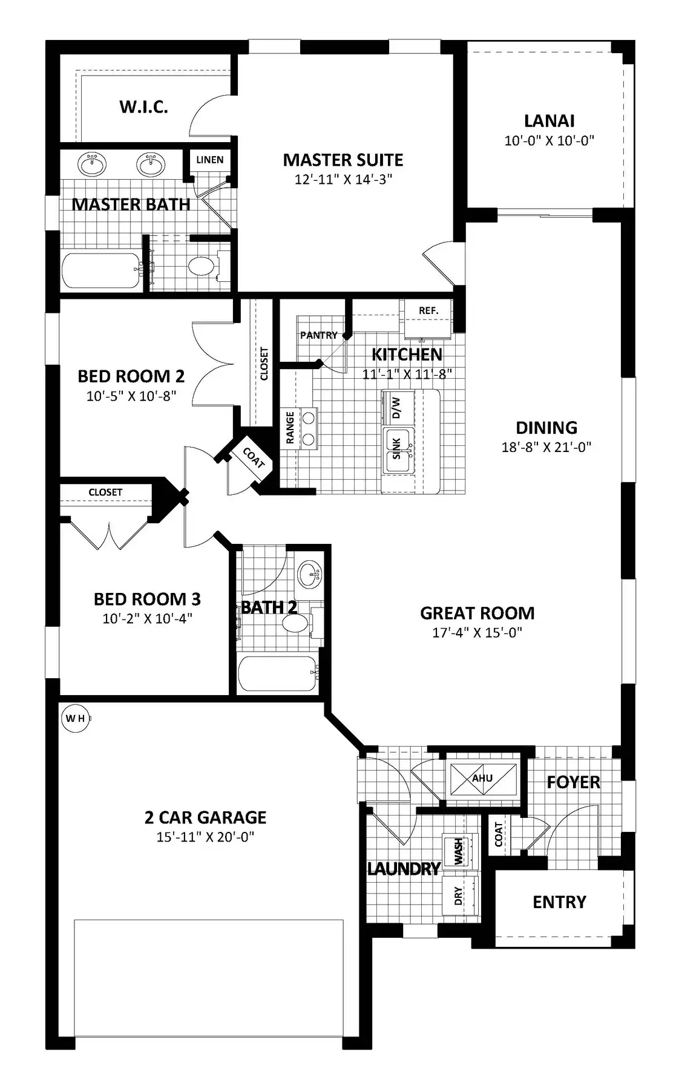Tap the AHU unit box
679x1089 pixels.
click(482, 779)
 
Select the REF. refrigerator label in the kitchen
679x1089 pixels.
click(428, 310)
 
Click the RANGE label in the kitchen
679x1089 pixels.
click(290, 427)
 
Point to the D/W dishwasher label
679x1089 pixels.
click(397, 408)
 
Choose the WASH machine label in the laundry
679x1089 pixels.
click(459, 851)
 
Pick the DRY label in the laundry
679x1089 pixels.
click(458, 897)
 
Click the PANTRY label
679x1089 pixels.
click(319, 335)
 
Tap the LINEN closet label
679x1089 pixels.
click(210, 160)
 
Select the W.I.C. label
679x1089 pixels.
click(143, 107)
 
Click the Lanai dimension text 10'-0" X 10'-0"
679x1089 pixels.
click(549, 140)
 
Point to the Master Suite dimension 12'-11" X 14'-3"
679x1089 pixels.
click(343, 179)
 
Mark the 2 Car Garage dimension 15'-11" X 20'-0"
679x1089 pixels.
click(206, 837)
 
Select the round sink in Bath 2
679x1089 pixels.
click(310, 573)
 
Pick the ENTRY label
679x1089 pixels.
click(559, 902)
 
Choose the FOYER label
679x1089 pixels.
click(573, 782)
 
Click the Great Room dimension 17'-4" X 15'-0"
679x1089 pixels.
click(477, 632)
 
